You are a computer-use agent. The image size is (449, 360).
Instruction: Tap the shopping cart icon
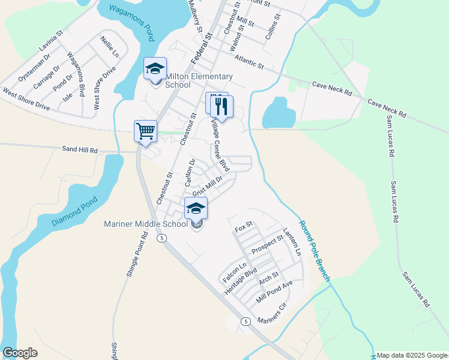[x=146, y=131]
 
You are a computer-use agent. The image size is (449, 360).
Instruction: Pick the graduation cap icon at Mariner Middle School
[x=196, y=208]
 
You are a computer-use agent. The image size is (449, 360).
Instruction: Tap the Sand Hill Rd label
[x=80, y=149]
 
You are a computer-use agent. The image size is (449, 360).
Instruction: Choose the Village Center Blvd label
[x=220, y=144]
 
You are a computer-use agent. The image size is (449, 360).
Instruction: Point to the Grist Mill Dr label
[x=207, y=185]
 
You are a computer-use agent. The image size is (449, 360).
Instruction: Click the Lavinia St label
[x=50, y=40]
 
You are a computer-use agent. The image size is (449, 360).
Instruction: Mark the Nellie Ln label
[x=110, y=46]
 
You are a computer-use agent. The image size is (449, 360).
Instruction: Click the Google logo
[x=20, y=353]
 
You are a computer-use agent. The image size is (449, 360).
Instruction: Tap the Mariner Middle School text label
[x=145, y=224]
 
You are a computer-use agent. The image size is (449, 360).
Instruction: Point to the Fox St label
[x=244, y=228]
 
